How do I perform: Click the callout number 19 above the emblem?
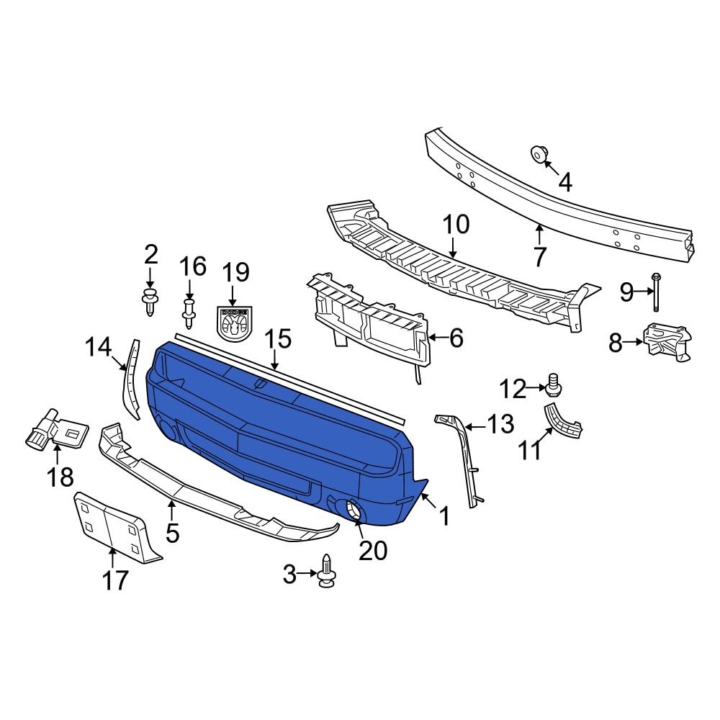(235, 273)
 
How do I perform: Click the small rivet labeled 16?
(189, 314)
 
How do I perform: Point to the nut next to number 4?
(538, 154)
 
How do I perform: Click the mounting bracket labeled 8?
(667, 343)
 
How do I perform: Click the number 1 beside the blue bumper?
(444, 516)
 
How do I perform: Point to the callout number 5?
(173, 533)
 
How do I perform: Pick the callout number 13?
(500, 424)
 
